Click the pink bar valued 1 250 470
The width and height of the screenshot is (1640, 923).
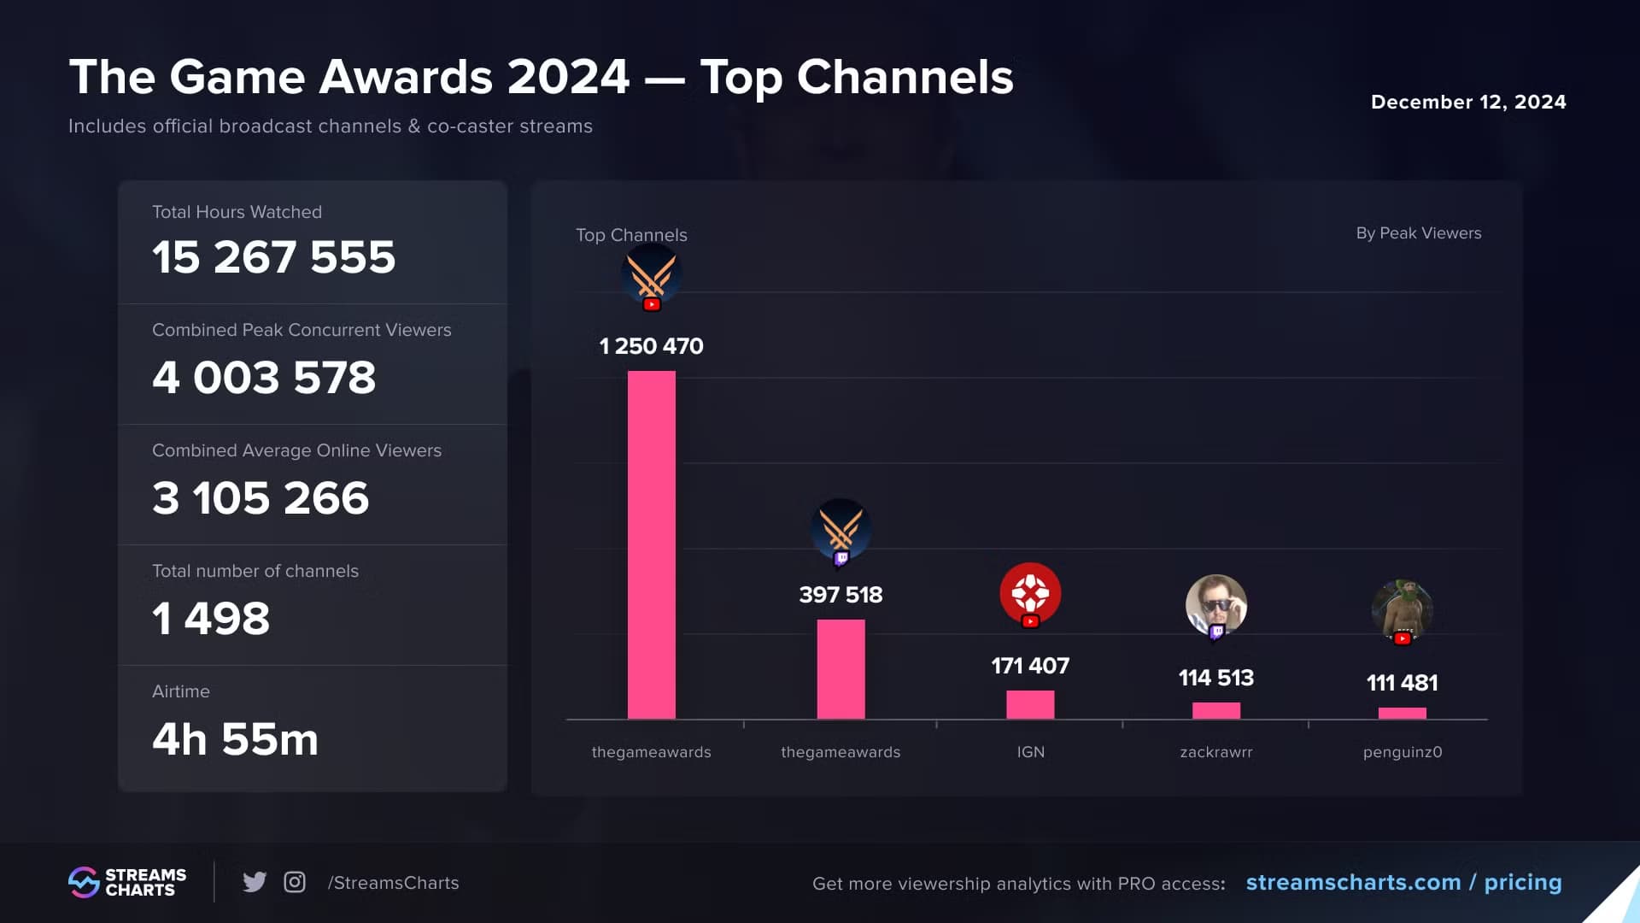tap(651, 544)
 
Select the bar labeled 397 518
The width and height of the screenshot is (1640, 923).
tap(840, 669)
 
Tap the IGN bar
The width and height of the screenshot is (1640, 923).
tap(1030, 704)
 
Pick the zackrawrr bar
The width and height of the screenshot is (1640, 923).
tap(1215, 710)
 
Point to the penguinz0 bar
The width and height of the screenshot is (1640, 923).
tap(1402, 713)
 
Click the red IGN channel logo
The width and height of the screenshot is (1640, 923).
tap(1030, 592)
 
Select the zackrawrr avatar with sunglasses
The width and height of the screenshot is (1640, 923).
tap(1215, 605)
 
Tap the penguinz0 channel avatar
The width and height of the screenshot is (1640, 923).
tap(1402, 608)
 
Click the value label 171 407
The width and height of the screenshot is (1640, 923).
tap(1030, 666)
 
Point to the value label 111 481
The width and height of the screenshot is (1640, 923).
tap(1402, 683)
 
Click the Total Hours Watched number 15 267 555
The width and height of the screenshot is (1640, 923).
tap(273, 256)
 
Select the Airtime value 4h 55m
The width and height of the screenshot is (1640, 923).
tap(235, 739)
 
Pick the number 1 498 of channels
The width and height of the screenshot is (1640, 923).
tap(211, 619)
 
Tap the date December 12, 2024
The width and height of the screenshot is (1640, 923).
tap(1468, 102)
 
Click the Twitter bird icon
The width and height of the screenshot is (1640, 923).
tap(254, 882)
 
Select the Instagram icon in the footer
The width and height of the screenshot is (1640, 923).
tap(295, 882)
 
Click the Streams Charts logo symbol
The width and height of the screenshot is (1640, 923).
tap(84, 882)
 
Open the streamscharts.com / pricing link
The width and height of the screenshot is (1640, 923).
tap(1403, 882)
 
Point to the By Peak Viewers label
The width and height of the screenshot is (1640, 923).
tap(1418, 233)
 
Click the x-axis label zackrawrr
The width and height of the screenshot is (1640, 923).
tap(1215, 752)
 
